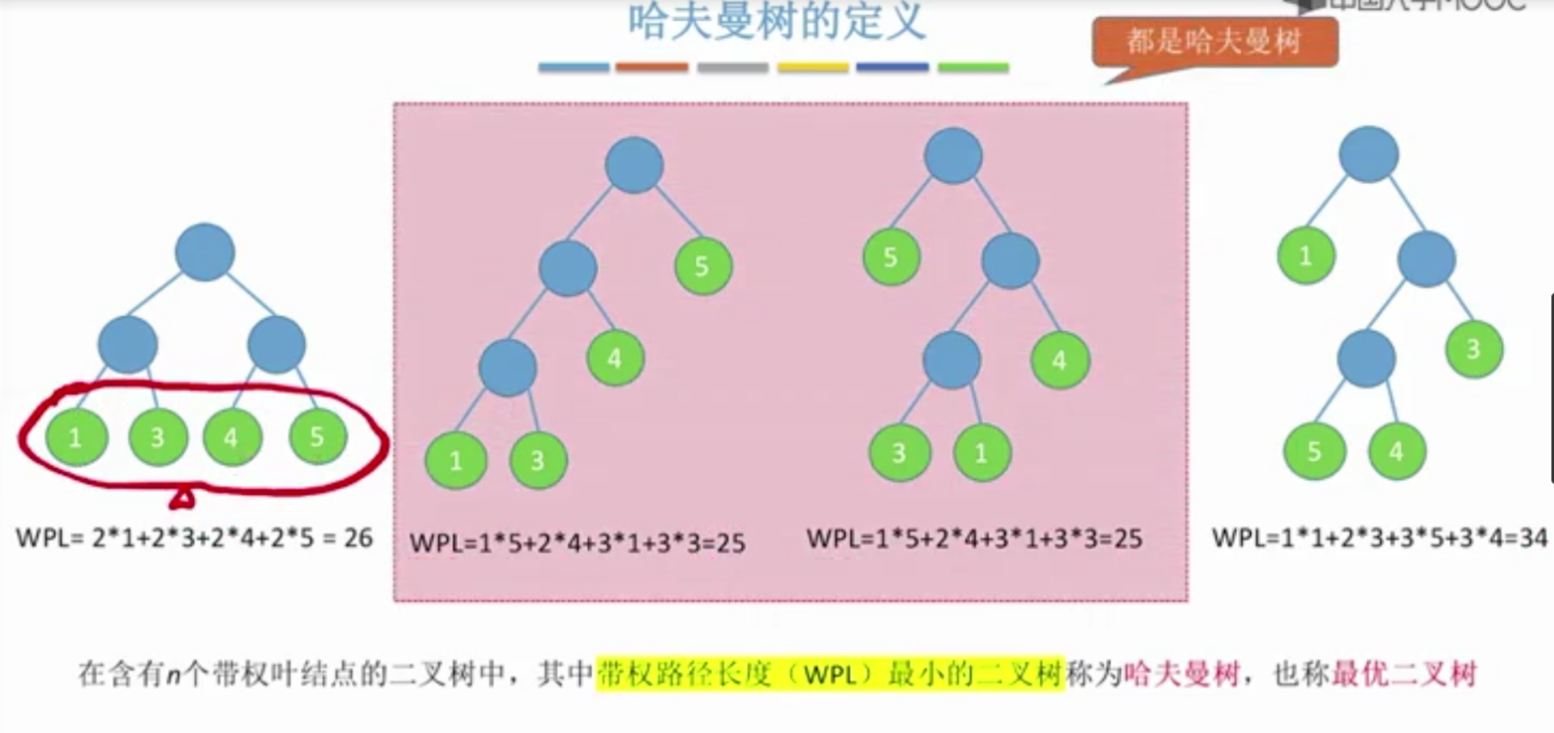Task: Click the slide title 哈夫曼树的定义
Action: click(x=777, y=21)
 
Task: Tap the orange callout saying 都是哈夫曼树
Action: click(x=1215, y=41)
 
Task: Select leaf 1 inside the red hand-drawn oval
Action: click(x=76, y=437)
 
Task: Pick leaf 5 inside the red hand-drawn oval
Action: click(x=318, y=436)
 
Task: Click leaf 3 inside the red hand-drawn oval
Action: click(x=157, y=437)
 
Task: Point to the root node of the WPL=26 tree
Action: click(x=205, y=252)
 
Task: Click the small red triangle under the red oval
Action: click(x=183, y=498)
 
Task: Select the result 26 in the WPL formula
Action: click(x=358, y=539)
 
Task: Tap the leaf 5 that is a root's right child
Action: click(x=703, y=266)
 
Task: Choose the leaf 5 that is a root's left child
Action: click(x=891, y=256)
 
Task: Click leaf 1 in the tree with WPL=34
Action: click(x=1306, y=256)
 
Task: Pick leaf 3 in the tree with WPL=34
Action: click(x=1474, y=348)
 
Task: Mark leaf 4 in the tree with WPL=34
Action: click(x=1396, y=451)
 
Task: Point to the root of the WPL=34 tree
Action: click(x=1368, y=155)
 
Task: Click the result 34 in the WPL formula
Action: click(x=1533, y=539)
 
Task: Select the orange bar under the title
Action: click(x=652, y=67)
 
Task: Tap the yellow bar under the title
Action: click(x=813, y=67)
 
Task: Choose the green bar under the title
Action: click(x=973, y=67)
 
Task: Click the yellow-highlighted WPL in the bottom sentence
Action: click(x=830, y=674)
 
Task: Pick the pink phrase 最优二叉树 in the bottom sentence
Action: click(x=1404, y=674)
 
